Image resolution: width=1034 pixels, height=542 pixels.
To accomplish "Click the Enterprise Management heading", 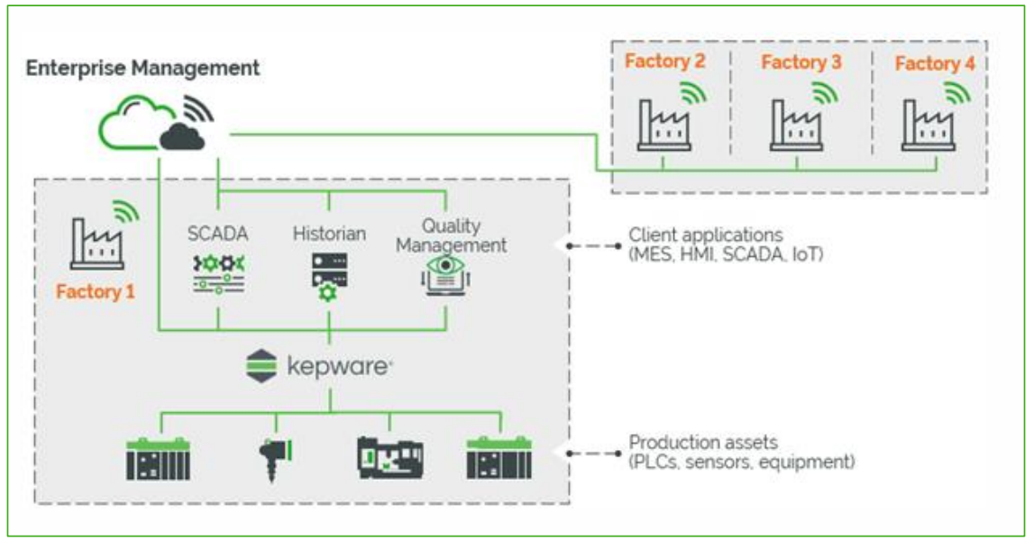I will point(142,68).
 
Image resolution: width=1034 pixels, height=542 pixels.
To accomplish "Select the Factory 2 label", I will point(664,62).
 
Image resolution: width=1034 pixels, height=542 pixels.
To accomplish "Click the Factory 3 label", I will point(801,62).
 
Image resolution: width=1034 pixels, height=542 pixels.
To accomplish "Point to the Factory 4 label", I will point(935,63).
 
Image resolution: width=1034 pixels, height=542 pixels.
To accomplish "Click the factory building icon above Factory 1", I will point(96,243).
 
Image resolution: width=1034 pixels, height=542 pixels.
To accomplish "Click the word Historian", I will point(329,234).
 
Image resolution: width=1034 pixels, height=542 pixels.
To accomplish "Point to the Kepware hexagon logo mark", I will point(261,365).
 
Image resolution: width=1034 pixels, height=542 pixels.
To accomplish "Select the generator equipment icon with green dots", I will point(389,457).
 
